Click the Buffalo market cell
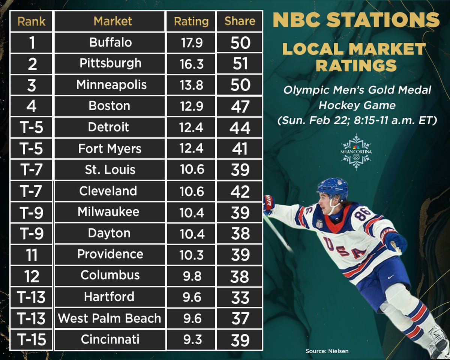click(x=110, y=42)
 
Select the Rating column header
click(x=191, y=21)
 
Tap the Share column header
click(x=240, y=21)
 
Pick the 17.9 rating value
click(x=191, y=43)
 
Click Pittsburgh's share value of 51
click(x=240, y=64)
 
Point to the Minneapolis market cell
click(x=111, y=85)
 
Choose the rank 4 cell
click(x=31, y=106)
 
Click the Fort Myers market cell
click(x=110, y=148)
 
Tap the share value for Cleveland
click(x=240, y=191)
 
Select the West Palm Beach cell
click(x=109, y=318)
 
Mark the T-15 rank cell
click(x=32, y=340)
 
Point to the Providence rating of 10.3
click(x=191, y=255)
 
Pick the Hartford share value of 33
click(x=240, y=297)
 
